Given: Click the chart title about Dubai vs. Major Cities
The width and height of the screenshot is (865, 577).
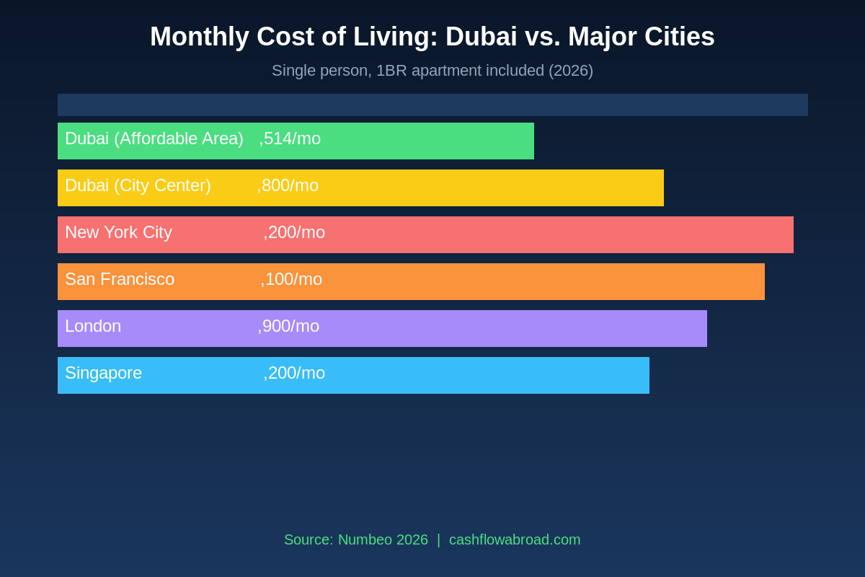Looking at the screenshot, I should click(x=432, y=37).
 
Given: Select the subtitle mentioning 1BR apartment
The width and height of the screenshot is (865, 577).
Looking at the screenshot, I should click(x=432, y=71).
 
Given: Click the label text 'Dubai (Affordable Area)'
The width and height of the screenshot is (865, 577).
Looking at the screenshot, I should click(x=154, y=138).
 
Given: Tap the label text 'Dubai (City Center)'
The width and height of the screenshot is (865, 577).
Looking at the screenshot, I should click(x=138, y=185).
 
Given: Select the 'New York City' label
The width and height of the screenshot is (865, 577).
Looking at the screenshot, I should click(x=118, y=232).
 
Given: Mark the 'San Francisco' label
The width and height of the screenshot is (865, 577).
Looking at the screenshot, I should click(x=120, y=279).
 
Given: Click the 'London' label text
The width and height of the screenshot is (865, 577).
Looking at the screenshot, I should click(x=93, y=326).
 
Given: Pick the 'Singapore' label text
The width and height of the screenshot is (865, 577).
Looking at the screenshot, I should click(x=103, y=373).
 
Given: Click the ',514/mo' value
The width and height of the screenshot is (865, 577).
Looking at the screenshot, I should click(x=290, y=138).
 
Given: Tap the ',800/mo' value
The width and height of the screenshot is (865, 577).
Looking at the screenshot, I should click(x=288, y=185).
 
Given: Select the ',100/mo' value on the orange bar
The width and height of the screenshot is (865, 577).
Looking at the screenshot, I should click(x=291, y=279).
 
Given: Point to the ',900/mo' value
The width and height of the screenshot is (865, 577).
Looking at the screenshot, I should click(x=288, y=326).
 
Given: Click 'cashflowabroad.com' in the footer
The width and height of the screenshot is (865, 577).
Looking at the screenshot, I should click(x=515, y=539).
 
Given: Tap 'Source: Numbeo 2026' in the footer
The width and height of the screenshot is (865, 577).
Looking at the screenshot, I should click(x=356, y=539).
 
